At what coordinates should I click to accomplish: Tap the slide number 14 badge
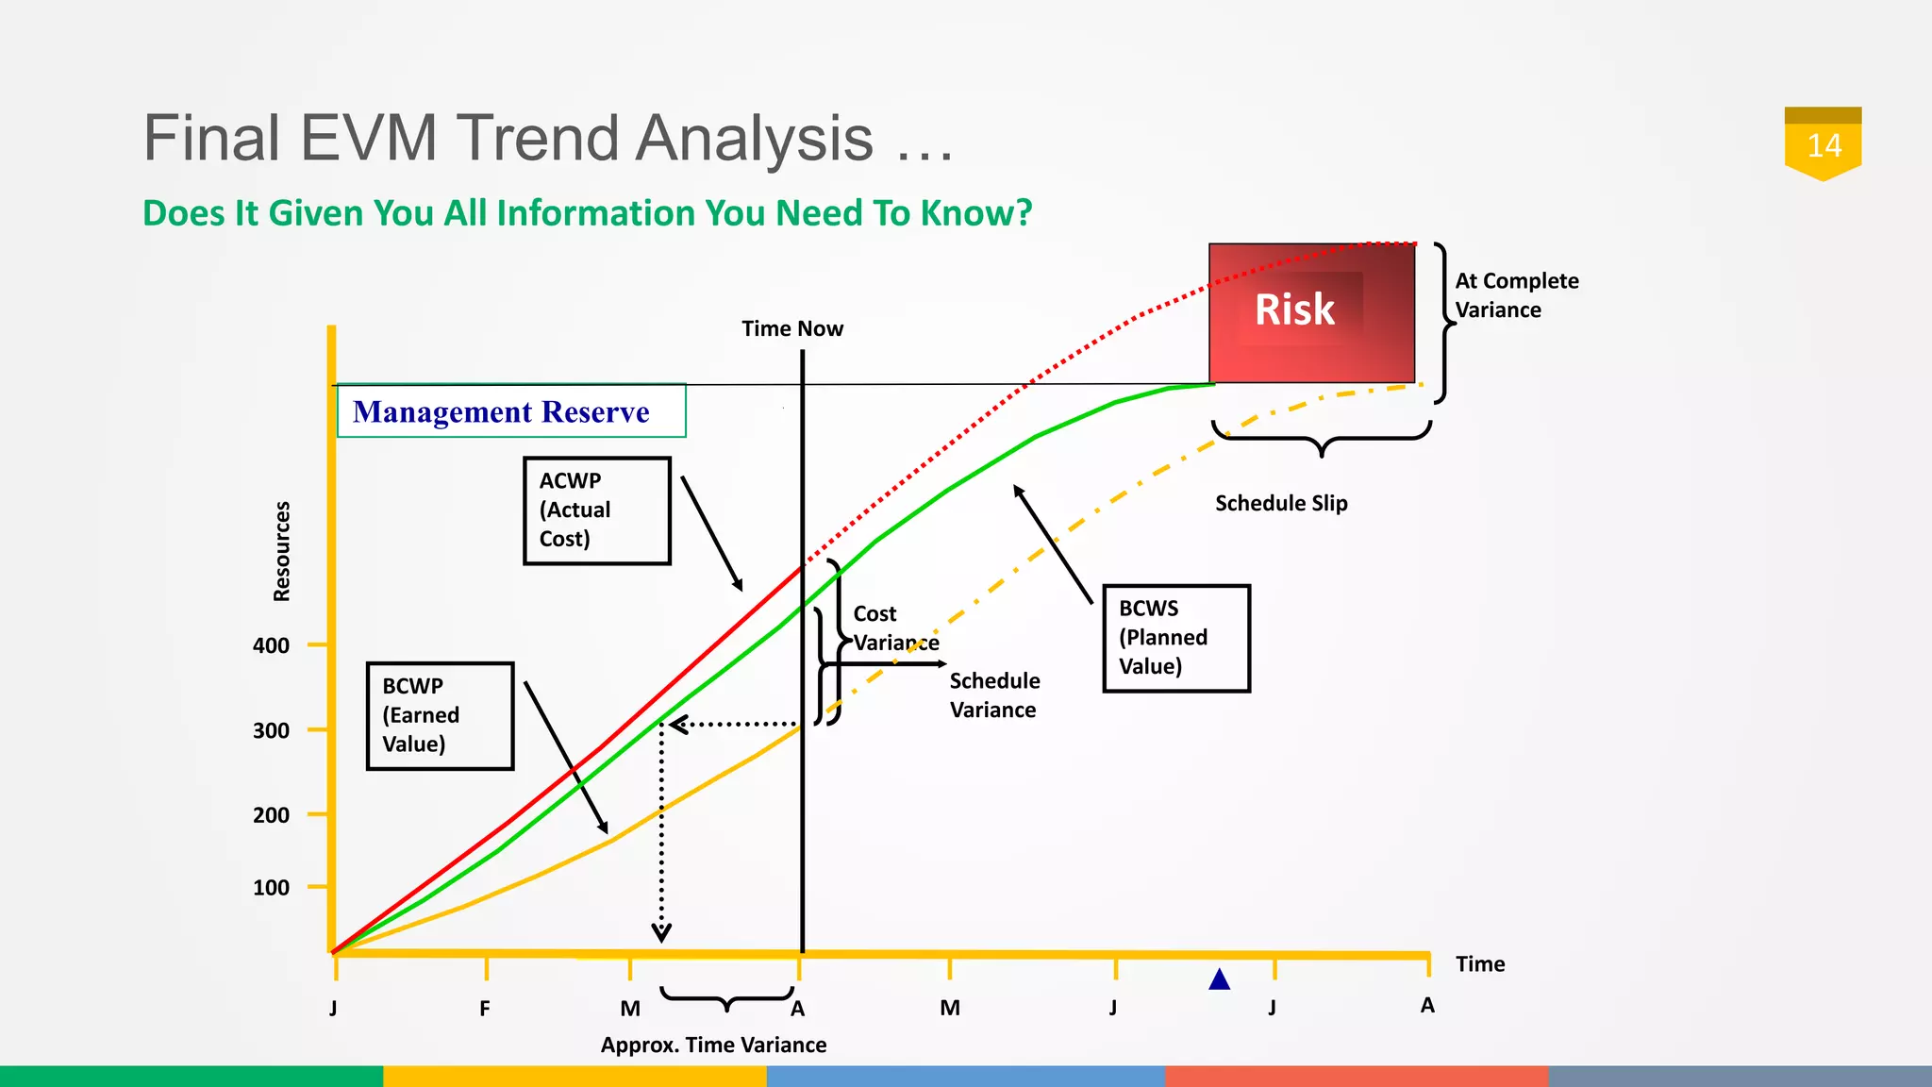tap(1823, 145)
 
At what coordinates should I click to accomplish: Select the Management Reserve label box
tap(511, 411)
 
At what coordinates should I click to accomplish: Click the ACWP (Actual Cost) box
tap(597, 510)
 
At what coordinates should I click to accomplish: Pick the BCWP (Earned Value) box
tap(440, 716)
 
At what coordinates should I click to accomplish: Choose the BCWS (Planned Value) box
tap(1176, 638)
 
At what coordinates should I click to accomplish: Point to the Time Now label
tap(791, 329)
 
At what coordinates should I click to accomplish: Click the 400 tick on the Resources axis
tap(271, 646)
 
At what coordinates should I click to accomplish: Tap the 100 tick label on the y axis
tap(271, 888)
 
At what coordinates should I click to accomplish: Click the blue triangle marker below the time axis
tap(1219, 980)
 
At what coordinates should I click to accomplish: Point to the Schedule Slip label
tap(1281, 504)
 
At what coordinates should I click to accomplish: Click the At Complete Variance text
tap(1515, 295)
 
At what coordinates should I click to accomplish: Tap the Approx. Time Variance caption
tap(713, 1045)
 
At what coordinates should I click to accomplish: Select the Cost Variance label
tap(894, 628)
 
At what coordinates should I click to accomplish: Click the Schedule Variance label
tap(994, 695)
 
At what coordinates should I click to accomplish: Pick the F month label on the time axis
tap(485, 1009)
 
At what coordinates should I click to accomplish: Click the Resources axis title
tap(281, 551)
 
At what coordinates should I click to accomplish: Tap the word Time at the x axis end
tap(1479, 964)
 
